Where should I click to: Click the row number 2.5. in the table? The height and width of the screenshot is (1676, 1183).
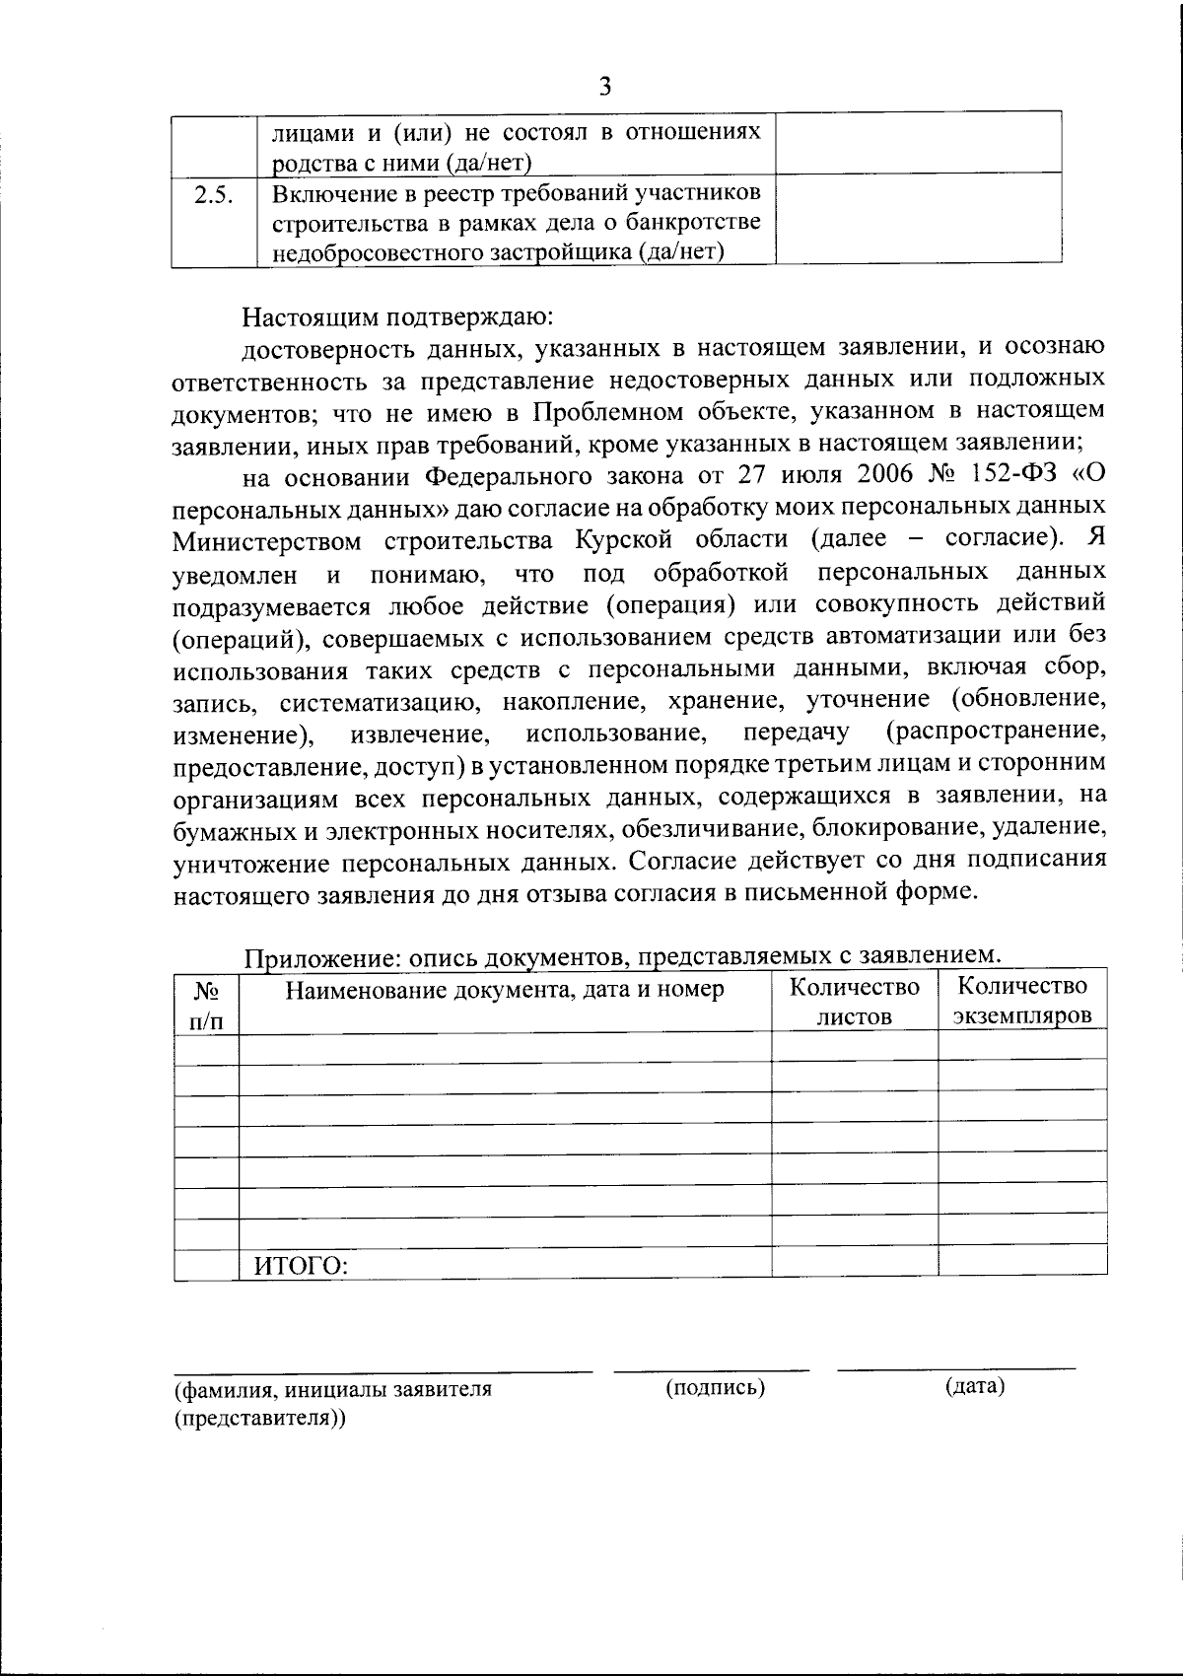pyautogui.click(x=213, y=195)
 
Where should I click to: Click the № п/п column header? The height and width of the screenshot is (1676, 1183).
pyautogui.click(x=206, y=1005)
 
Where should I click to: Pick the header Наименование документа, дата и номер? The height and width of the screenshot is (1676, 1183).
pyautogui.click(x=505, y=990)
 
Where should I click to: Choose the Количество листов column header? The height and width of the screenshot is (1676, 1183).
pyautogui.click(x=854, y=1002)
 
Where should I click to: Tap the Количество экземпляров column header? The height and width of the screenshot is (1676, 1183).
pyautogui.click(x=1022, y=1001)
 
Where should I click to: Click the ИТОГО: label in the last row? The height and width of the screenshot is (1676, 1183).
pyautogui.click(x=302, y=1265)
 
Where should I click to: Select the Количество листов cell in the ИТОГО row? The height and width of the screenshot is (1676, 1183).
pyautogui.click(x=854, y=1263)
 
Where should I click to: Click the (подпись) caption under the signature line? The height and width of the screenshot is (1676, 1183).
pyautogui.click(x=716, y=1388)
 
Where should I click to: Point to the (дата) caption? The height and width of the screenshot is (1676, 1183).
pyautogui.click(x=974, y=1386)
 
